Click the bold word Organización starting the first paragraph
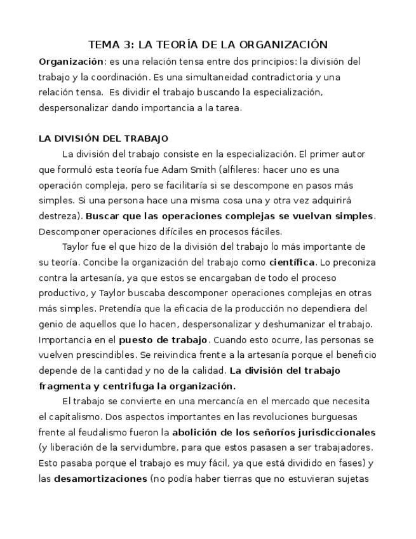click(71, 62)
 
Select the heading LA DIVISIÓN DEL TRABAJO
click(104, 139)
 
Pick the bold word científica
click(292, 262)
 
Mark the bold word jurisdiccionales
click(333, 432)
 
